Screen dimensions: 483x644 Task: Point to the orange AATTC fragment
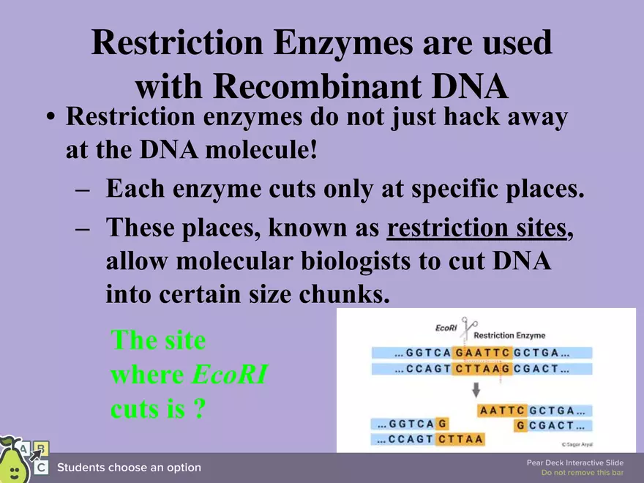502,411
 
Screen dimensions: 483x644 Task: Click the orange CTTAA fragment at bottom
460,439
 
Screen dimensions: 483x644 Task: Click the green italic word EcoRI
229,375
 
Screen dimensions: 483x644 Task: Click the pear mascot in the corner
12,460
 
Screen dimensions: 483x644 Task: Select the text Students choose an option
129,468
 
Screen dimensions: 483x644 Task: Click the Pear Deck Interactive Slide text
574,463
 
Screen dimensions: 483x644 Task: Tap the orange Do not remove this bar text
582,473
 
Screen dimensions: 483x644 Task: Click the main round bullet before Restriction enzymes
50,119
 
